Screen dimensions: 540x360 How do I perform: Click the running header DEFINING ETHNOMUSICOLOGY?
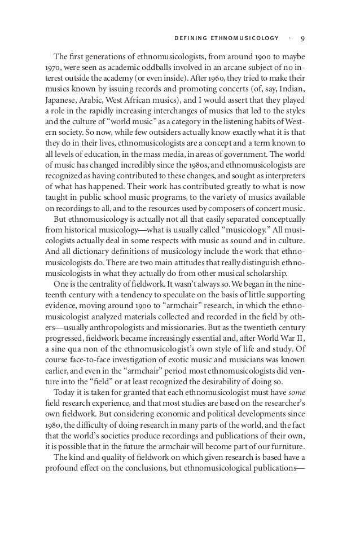coord(224,38)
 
